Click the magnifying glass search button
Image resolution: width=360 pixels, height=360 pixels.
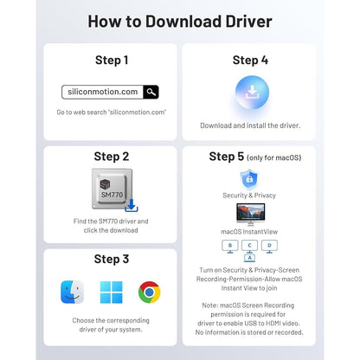point(151,92)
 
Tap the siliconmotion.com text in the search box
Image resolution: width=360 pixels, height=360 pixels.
point(103,92)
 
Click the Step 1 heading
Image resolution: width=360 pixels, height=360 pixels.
point(112,61)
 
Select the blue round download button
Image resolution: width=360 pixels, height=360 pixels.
point(252,93)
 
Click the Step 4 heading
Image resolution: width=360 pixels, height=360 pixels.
point(250,61)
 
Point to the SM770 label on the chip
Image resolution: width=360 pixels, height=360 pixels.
point(112,195)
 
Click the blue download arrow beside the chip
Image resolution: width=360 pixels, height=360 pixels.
point(132,205)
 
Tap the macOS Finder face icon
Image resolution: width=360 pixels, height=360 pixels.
point(73,292)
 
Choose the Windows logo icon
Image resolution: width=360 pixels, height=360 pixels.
point(111,292)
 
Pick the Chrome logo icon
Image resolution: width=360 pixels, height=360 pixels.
point(150,292)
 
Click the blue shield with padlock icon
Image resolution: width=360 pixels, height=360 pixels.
point(249,178)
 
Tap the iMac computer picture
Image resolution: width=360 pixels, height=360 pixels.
point(250,215)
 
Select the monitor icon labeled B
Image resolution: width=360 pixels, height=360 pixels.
point(230,247)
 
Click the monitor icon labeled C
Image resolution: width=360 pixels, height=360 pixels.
point(249,247)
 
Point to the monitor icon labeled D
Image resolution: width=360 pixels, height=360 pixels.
point(269,247)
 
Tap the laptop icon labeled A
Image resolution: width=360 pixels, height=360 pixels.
point(249,258)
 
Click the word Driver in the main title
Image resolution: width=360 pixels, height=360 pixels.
point(248,22)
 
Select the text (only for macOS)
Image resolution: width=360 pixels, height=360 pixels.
point(273,157)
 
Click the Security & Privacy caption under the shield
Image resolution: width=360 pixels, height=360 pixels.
point(249,196)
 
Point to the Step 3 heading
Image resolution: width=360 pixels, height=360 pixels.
point(112,259)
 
